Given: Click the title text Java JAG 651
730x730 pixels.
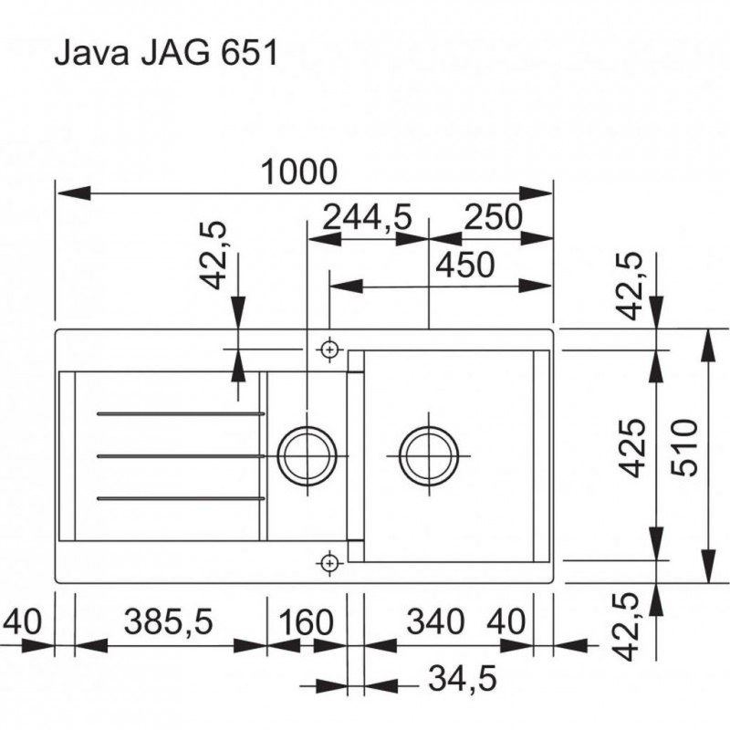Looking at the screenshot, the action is pos(166,52).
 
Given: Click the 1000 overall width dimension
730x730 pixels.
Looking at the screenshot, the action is pos(299,172).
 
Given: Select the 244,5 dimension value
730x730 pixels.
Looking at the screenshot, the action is pos(368,217).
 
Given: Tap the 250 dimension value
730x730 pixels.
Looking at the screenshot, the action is pos(494,217).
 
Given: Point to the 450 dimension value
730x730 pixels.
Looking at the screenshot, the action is pos(465,265).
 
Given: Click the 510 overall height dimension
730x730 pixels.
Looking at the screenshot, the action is pos(686,447).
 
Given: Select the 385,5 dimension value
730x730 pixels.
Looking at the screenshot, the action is pos(168,621).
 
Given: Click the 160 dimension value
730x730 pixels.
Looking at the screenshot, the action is pos(306,622).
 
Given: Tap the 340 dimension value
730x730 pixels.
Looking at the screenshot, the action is pos(436,621).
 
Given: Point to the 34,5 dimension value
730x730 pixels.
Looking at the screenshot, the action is pos(463,678).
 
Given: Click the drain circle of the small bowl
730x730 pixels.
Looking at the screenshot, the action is pos(307,454).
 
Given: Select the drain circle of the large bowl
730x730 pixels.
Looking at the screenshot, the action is pos(429,454).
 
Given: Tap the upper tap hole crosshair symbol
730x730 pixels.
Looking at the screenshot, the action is pos(329,349).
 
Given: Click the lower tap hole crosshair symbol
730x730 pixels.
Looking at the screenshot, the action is pos(329,563).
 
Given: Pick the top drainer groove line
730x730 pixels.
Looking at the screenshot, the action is pos(181,413).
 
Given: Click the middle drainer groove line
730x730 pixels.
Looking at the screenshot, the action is pos(181,455).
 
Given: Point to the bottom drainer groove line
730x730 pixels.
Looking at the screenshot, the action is pos(181,498).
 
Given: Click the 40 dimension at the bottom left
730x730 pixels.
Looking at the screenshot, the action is pos(22,621).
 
